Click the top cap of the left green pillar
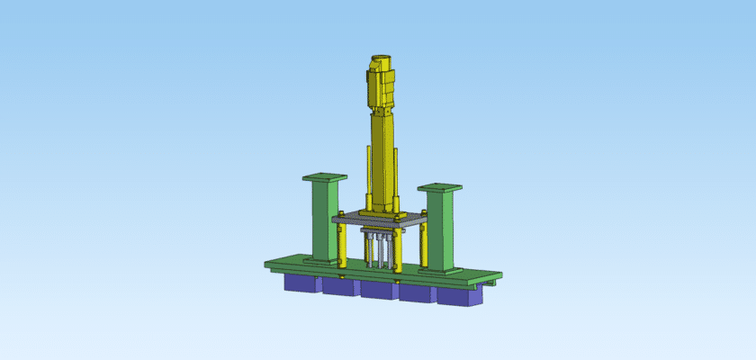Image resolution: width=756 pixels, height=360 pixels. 324,177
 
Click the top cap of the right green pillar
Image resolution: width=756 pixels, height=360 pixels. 440,188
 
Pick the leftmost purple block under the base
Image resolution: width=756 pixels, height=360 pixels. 300,283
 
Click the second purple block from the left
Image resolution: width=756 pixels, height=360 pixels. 339,288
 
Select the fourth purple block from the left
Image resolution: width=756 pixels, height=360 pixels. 418,293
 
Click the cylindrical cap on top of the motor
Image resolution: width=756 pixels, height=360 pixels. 381,62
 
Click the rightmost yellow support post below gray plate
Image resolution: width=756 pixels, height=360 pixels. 419,250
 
